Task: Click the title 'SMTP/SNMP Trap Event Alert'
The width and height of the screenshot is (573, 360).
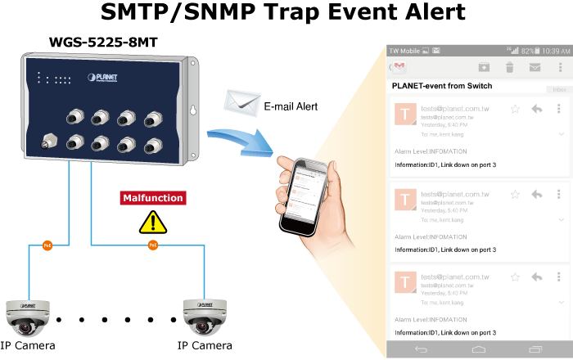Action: coord(283,13)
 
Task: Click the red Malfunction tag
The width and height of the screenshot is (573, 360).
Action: coord(152,198)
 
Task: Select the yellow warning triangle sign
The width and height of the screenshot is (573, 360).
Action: coord(151,221)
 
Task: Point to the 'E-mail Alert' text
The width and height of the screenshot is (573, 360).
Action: coord(291,106)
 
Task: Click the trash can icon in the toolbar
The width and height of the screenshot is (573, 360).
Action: coord(509,67)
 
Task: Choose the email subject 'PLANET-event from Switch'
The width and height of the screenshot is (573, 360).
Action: coord(443,85)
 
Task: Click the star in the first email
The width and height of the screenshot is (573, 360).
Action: coord(515,109)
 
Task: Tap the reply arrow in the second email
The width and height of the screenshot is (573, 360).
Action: coord(537,195)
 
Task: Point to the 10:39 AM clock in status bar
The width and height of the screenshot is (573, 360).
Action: coord(555,51)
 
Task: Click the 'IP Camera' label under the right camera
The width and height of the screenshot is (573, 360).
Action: coord(204,345)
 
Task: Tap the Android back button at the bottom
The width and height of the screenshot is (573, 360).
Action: coord(421,349)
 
